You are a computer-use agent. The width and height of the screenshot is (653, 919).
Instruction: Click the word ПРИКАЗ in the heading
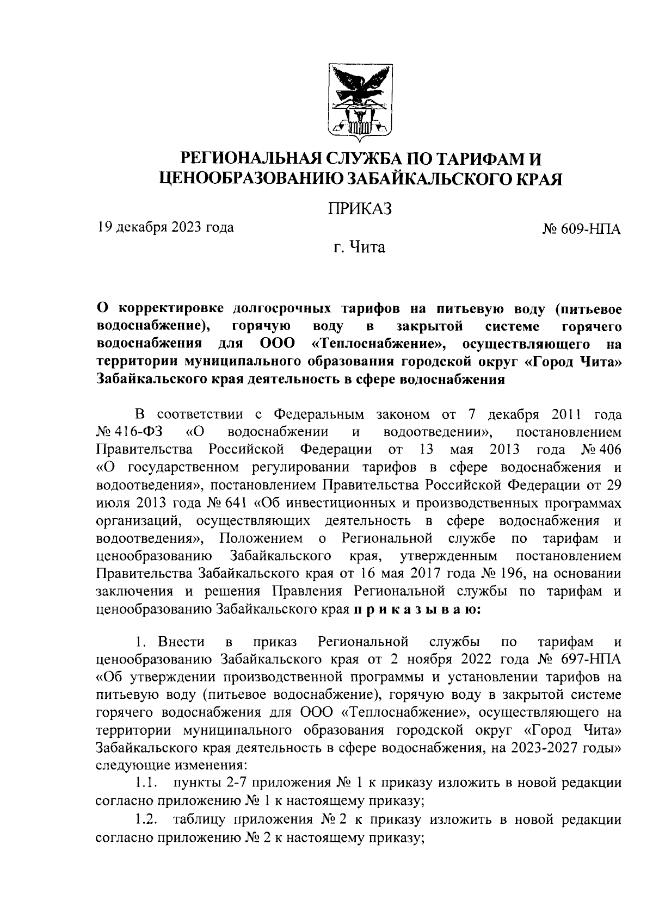pos(360,209)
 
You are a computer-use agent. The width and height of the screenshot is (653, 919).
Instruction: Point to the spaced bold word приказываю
pos(417,609)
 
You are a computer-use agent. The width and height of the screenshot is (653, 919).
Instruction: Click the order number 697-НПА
pos(587,660)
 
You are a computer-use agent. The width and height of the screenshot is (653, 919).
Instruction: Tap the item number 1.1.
pos(146,784)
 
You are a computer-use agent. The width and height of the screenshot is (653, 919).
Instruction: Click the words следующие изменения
pos(169,766)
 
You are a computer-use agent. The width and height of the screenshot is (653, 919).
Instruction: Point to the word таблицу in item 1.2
pos(196,819)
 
